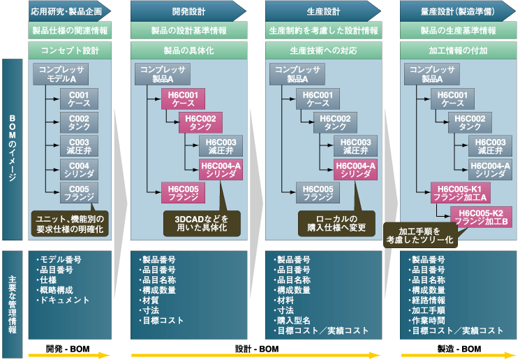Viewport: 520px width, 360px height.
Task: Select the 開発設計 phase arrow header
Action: pos(187,10)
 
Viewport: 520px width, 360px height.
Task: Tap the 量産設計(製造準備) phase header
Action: pos(457,10)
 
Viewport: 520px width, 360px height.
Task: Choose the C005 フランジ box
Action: pos(78,192)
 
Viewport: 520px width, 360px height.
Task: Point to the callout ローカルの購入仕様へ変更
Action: pos(336,222)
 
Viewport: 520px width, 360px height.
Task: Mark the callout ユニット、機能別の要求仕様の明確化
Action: pos(70,224)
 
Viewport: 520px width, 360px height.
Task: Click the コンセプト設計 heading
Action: pos(70,51)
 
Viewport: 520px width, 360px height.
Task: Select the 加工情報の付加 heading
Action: pos(457,51)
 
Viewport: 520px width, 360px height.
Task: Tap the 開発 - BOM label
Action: pos(68,348)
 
